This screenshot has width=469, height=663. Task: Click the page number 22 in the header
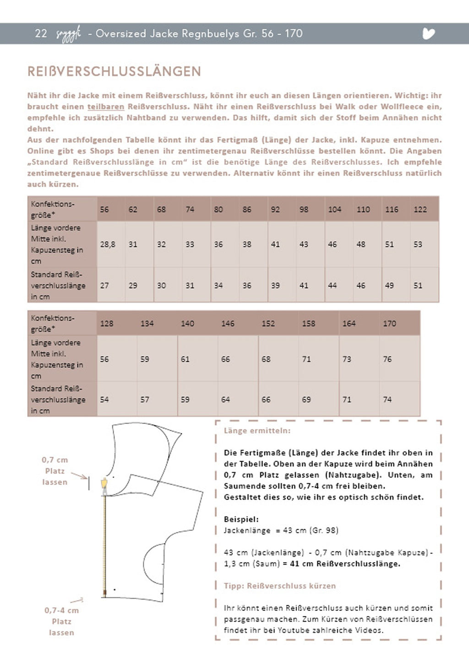41,33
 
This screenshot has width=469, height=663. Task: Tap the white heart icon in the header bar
428,33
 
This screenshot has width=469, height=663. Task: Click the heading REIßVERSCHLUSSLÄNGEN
114,71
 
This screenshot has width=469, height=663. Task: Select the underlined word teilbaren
106,107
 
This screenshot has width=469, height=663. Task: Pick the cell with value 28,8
108,244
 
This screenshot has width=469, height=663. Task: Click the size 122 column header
420,209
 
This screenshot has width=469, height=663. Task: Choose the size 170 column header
389,323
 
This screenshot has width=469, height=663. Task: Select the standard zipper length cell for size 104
333,285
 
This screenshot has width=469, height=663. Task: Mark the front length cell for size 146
225,359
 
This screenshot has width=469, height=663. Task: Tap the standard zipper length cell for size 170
387,400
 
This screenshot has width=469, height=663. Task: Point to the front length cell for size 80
218,244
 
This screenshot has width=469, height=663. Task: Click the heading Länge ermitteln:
257,431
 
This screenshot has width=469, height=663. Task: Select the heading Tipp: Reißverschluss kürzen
279,586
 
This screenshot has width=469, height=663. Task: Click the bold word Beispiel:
241,519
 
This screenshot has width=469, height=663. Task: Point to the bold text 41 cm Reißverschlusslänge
345,564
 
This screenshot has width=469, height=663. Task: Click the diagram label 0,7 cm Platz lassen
55,471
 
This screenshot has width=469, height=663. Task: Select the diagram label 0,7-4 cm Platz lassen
61,621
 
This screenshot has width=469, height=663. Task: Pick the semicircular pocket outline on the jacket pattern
153,559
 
